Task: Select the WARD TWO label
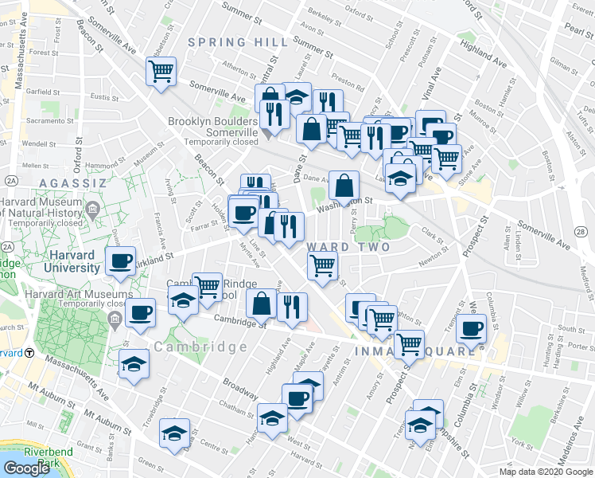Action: tap(348, 247)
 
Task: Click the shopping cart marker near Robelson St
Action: tap(161, 72)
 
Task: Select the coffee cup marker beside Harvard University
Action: tap(122, 261)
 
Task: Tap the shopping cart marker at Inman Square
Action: tap(409, 344)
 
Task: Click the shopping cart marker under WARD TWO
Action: tap(322, 264)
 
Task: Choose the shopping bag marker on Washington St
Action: tap(343, 186)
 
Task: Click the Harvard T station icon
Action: tap(29, 353)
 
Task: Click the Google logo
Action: tap(27, 468)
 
